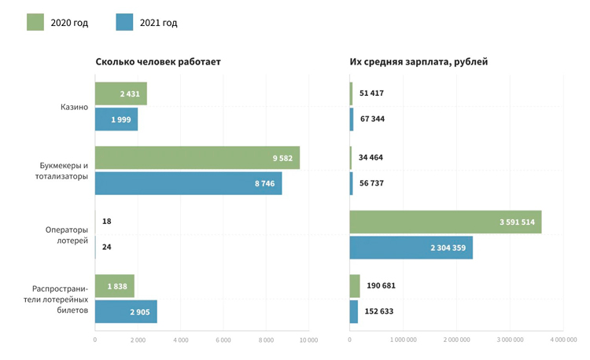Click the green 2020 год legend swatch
click(x=35, y=22)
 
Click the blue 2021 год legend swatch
click(x=124, y=22)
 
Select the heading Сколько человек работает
click(x=158, y=61)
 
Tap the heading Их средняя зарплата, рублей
click(x=419, y=61)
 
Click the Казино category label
click(x=74, y=107)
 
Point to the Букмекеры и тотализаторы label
click(x=64, y=171)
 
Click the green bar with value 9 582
click(x=197, y=158)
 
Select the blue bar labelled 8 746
click(x=188, y=183)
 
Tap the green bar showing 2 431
click(x=120, y=94)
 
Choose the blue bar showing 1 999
click(x=116, y=119)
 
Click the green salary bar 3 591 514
click(x=445, y=222)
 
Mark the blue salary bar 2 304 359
click(x=411, y=248)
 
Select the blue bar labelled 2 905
click(x=126, y=311)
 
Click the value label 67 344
click(x=371, y=119)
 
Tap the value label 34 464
click(x=371, y=158)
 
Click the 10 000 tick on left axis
click(x=308, y=340)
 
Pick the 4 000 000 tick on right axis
click(x=563, y=340)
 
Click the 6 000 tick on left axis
click(x=223, y=340)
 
